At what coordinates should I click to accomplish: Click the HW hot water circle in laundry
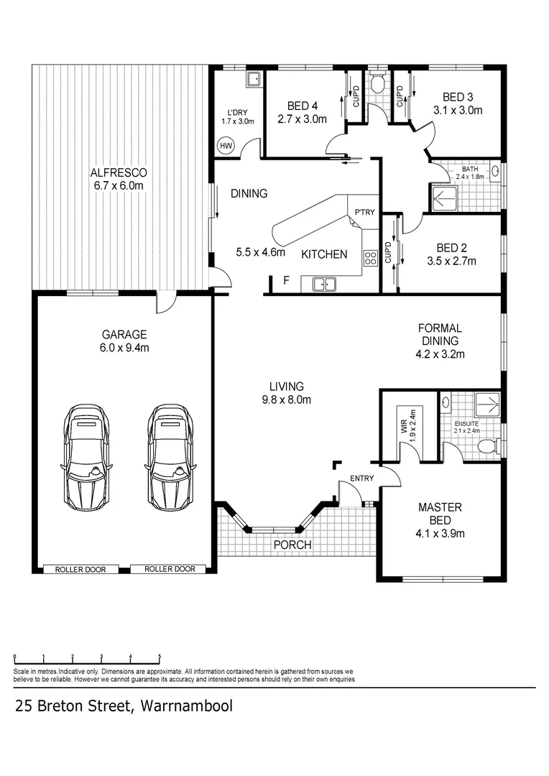coord(226,145)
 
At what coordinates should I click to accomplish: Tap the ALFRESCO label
coord(119,172)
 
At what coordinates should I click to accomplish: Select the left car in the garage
coord(86,456)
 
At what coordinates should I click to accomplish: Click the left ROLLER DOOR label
coord(80,569)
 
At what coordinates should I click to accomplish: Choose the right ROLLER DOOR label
coord(170,569)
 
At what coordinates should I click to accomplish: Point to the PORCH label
coord(292,545)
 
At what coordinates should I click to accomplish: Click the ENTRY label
coord(361,479)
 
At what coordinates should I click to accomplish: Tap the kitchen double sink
coord(324,285)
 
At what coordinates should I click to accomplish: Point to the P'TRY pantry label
coord(361,213)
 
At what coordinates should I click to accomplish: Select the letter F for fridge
coord(286,280)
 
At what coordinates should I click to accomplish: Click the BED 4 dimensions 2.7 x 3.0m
coord(302,119)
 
